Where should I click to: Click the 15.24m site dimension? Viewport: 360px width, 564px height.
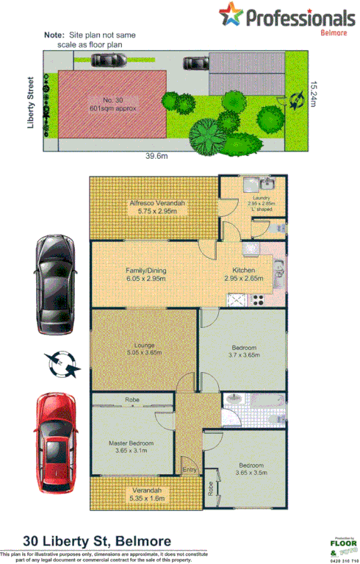[x=314, y=94]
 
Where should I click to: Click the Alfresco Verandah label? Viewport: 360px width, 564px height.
[x=155, y=207]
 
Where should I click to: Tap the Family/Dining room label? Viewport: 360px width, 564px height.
[x=145, y=274]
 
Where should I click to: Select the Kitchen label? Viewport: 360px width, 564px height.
[x=244, y=274]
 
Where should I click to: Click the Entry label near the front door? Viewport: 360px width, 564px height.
[x=190, y=470]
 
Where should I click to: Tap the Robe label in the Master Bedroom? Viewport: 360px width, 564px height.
[x=132, y=400]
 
